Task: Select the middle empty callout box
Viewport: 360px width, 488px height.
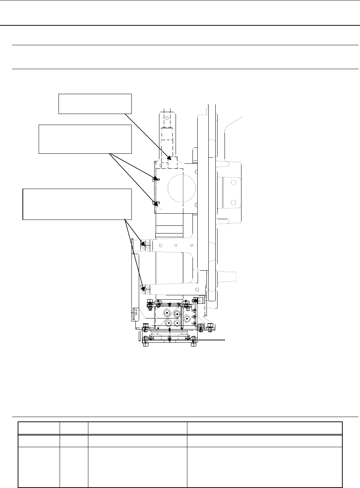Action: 85,139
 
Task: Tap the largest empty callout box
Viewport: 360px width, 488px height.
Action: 77,204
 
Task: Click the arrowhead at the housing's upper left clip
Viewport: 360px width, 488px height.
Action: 156,179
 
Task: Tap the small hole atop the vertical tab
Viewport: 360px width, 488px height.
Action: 166,118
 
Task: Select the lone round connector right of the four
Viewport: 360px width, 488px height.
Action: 187,318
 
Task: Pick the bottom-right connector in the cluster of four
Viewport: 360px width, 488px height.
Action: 177,323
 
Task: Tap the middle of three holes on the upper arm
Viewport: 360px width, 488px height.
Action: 176,245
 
